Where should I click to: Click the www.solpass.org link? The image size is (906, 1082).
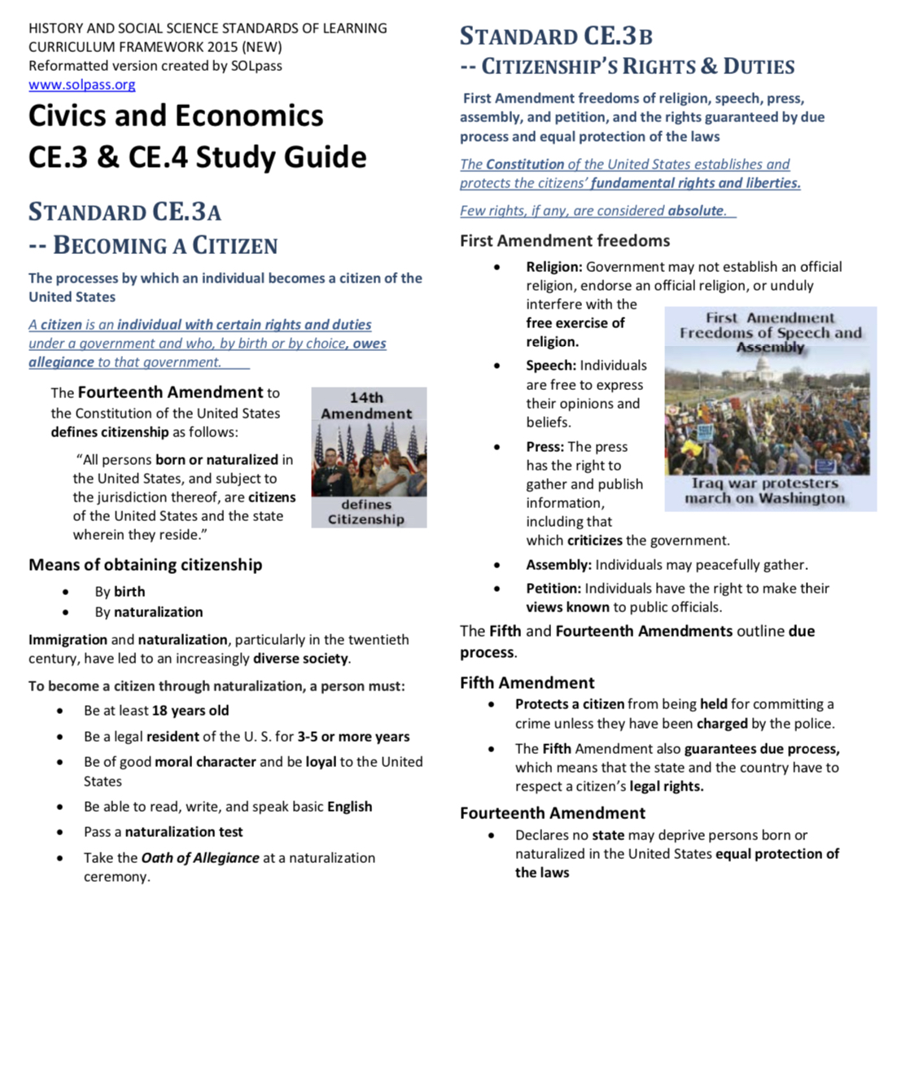tap(81, 85)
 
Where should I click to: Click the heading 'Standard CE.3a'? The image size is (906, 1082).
tap(125, 212)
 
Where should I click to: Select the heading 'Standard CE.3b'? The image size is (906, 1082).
tap(556, 37)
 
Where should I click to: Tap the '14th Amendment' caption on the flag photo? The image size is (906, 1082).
tap(366, 405)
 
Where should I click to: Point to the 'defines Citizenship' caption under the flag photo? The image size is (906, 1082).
tap(366, 512)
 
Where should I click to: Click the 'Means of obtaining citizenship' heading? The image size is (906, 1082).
tap(145, 565)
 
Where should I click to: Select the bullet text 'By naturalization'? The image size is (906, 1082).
tap(148, 612)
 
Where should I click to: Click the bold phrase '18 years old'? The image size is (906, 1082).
tap(190, 711)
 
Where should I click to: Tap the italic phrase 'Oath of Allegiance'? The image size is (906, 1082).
tap(200, 858)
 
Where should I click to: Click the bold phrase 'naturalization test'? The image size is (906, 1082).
tap(183, 832)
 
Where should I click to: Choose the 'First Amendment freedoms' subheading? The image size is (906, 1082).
tap(564, 241)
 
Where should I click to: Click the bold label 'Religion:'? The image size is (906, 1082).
tap(554, 267)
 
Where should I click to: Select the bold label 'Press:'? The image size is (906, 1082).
tap(545, 447)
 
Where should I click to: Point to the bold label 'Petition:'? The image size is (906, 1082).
tap(553, 589)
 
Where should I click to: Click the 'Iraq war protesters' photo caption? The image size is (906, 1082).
tap(764, 483)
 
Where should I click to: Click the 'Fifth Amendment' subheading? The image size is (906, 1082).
tap(527, 683)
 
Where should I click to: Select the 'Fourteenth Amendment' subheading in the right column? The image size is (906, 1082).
tap(552, 813)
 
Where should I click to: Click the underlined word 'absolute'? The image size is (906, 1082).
tap(695, 211)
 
